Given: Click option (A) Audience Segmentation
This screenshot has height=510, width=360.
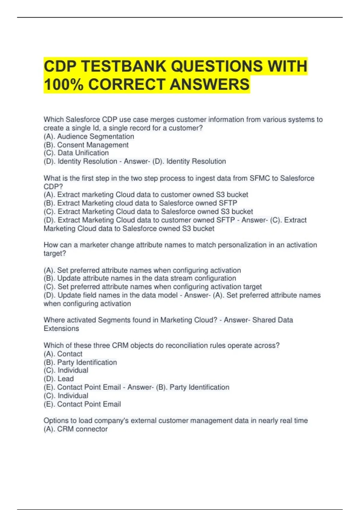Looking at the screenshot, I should (89, 136).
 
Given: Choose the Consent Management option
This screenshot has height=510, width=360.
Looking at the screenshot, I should (86, 145).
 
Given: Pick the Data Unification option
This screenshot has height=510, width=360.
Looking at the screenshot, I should (76, 153).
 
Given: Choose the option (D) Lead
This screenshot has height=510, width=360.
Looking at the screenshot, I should (59, 379).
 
